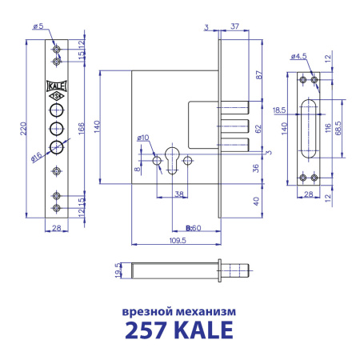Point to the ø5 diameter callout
(x=38, y=26)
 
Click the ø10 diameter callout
(x=145, y=138)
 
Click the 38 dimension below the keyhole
(x=180, y=194)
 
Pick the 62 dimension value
(x=258, y=128)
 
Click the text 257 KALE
(x=179, y=330)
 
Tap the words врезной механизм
(x=179, y=309)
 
